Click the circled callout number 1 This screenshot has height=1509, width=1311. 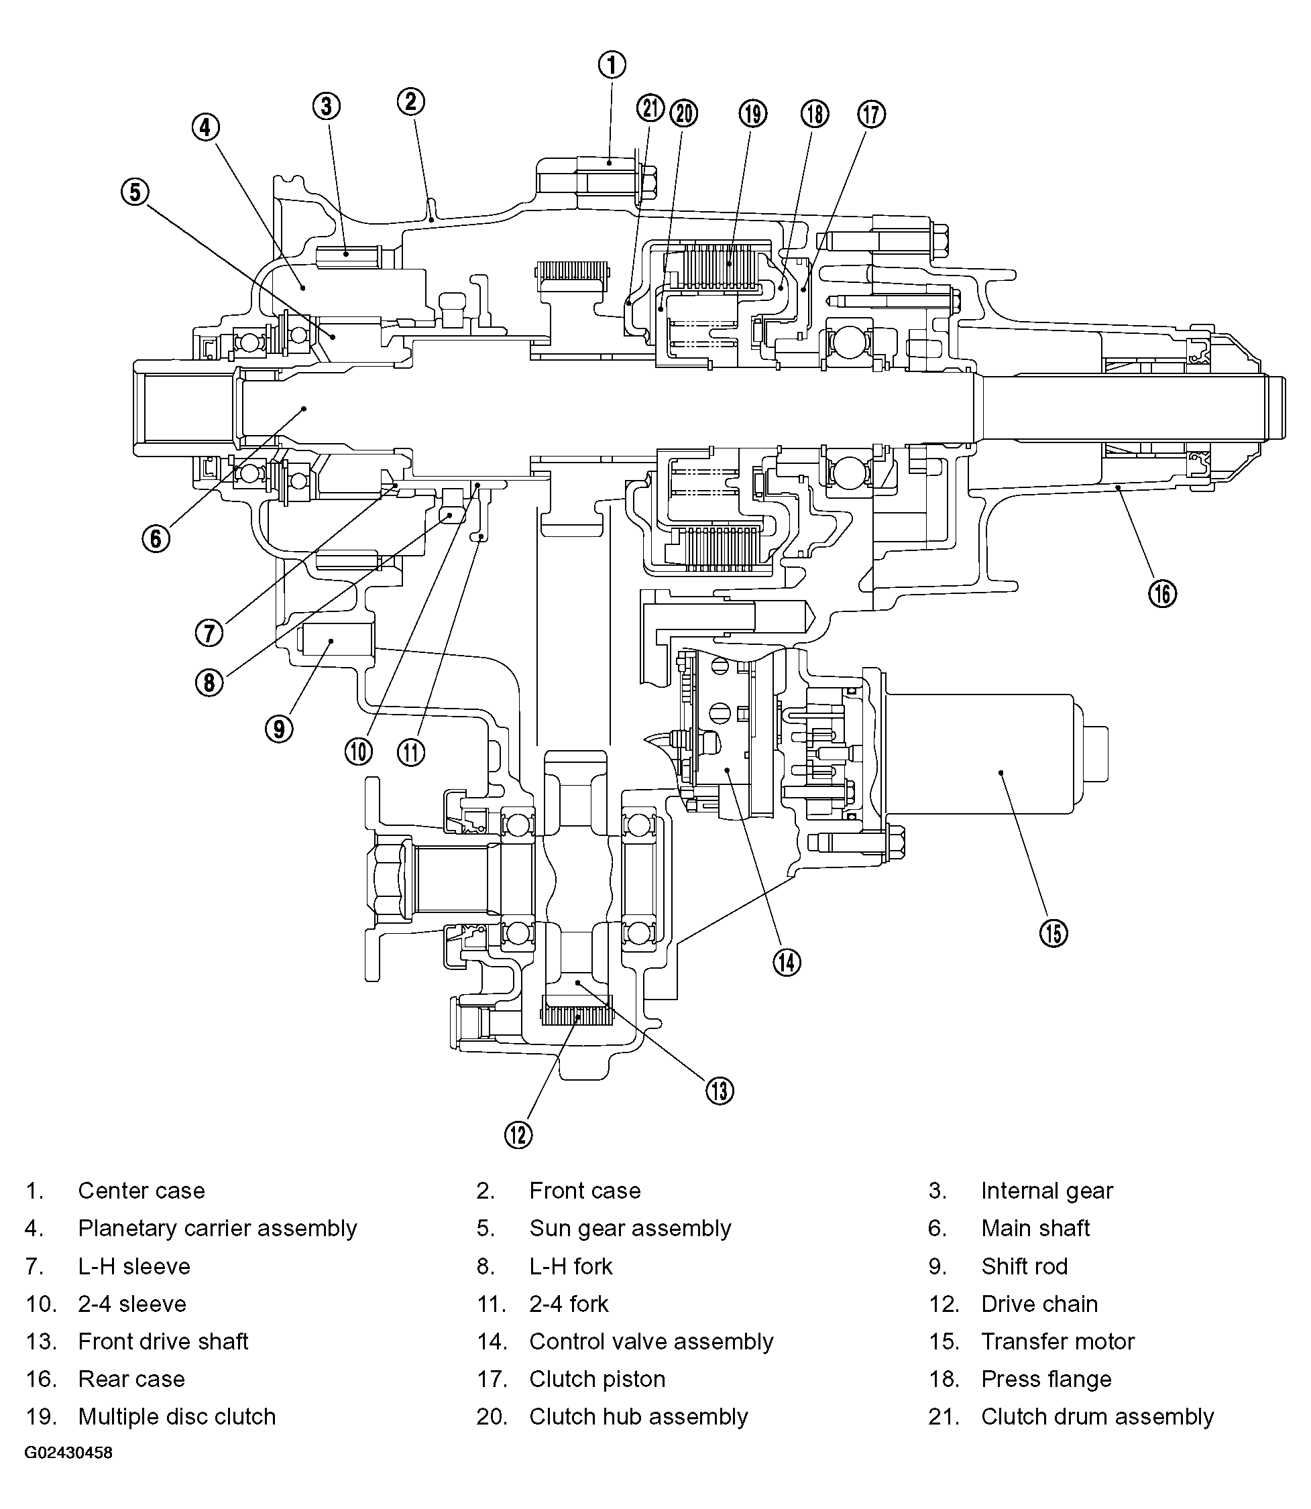coord(612,64)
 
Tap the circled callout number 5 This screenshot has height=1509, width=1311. coord(135,192)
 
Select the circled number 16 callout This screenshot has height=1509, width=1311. coord(1163,593)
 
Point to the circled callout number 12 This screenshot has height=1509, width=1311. coord(518,1134)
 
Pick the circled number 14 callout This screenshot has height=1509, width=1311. coord(787,962)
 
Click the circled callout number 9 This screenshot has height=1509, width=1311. coord(279,729)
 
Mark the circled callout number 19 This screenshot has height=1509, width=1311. coord(753,114)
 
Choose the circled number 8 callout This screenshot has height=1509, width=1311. coord(209,682)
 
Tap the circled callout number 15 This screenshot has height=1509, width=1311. coord(1053,932)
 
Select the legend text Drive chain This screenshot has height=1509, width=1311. coord(1039,1303)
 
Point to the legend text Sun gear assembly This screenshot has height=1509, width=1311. coord(630,1228)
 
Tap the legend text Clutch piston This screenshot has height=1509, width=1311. coord(597,1379)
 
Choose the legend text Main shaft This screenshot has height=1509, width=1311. coord(1035,1228)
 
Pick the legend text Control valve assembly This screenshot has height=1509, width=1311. coord(651,1341)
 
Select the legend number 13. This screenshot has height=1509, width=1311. coord(41,1341)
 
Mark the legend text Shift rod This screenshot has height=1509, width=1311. coord(1024,1266)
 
